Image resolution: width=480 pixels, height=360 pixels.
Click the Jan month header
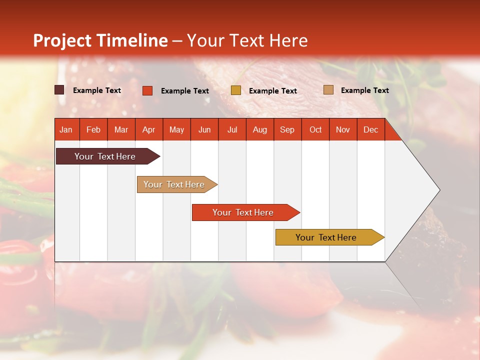pos(66,129)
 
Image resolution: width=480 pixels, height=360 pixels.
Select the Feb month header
pos(93,129)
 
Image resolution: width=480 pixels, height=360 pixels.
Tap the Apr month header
pos(148,129)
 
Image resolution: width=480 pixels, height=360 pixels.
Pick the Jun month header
pos(204,129)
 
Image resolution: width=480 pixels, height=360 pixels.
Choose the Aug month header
pos(259,129)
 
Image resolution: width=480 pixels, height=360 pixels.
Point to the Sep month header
pos(287,129)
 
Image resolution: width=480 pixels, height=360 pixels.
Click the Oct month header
pos(315,129)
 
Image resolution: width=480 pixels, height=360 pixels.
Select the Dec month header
pos(370,129)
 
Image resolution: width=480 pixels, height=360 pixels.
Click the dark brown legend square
pos(59,90)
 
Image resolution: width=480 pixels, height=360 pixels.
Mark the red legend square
pos(147,90)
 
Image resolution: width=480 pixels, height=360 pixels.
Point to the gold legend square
pos(236,90)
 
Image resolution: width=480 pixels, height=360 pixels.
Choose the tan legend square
pos(328,90)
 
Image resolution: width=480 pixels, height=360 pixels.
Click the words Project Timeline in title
pos(100,40)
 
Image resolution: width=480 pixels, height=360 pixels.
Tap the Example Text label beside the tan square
pos(364,90)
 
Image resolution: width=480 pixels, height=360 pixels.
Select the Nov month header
pos(343,129)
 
